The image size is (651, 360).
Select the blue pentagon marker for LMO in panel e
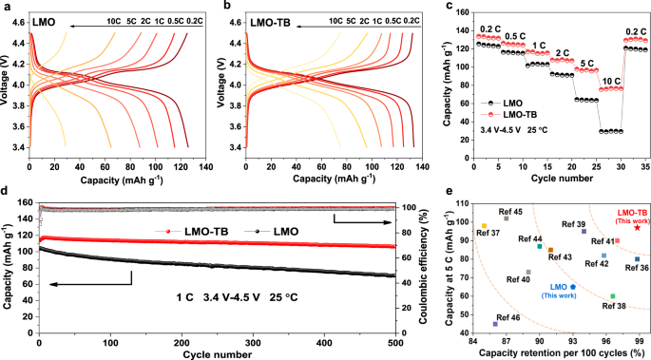pos(572,286)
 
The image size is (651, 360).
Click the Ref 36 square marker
pos(637,259)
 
